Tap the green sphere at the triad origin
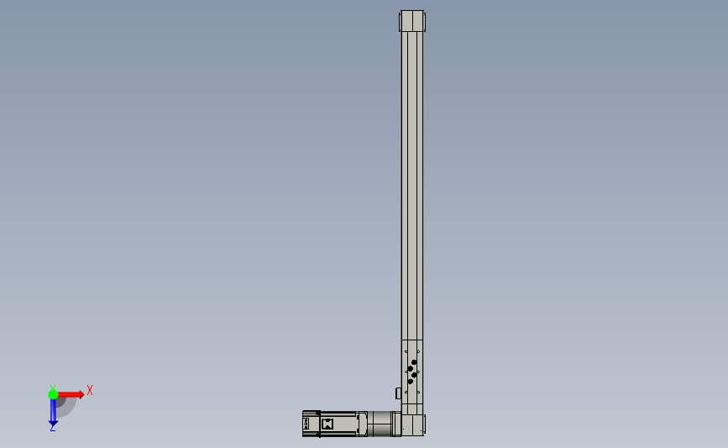(53, 393)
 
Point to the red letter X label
(89, 390)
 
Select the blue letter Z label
(52, 428)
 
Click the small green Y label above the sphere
(52, 386)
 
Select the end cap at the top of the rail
(411, 20)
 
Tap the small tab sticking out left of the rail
(398, 393)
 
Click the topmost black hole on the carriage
(414, 362)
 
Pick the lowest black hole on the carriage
(410, 381)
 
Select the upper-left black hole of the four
(410, 368)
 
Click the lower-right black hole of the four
(414, 375)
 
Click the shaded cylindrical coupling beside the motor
(382, 423)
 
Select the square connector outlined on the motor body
(327, 424)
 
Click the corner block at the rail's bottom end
(413, 425)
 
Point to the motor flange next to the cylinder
(362, 423)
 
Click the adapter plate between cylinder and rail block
(396, 423)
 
